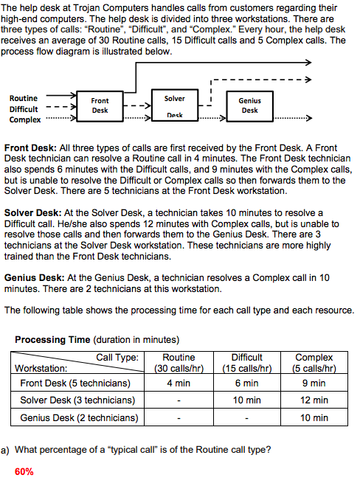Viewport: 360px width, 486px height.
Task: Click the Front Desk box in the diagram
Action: [x=100, y=105]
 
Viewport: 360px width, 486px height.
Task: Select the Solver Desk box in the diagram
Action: [x=174, y=106]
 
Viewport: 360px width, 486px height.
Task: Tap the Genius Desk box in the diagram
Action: [x=249, y=105]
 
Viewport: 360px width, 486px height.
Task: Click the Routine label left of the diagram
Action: [x=24, y=98]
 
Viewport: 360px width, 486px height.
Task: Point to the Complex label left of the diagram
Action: [x=25, y=119]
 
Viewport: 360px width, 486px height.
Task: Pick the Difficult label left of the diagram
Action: [x=24, y=108]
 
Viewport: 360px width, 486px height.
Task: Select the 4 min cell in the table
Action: [x=179, y=383]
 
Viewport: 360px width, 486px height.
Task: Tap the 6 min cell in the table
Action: [x=247, y=383]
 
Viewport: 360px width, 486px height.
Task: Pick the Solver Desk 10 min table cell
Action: [x=247, y=400]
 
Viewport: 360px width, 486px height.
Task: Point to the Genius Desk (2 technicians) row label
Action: [x=79, y=418]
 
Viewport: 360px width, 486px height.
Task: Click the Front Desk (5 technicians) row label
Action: [x=75, y=383]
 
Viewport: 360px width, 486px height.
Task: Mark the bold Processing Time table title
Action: [x=52, y=340]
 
